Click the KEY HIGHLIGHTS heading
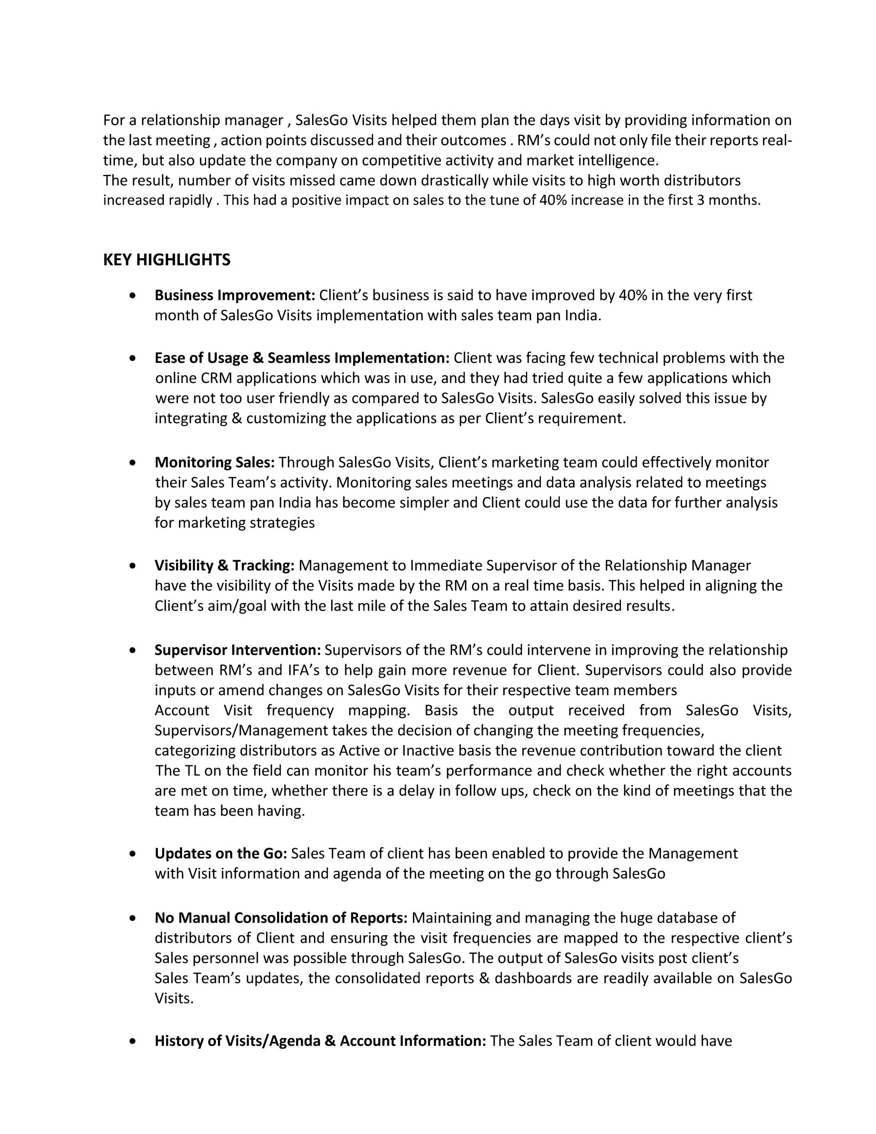(x=167, y=260)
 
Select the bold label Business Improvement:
(x=235, y=295)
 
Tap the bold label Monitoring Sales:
(x=214, y=462)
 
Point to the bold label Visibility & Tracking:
(x=224, y=565)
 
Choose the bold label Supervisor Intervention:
(x=238, y=650)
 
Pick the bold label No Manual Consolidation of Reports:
(x=281, y=918)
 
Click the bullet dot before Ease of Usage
(x=134, y=358)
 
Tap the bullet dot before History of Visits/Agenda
(x=134, y=1041)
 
